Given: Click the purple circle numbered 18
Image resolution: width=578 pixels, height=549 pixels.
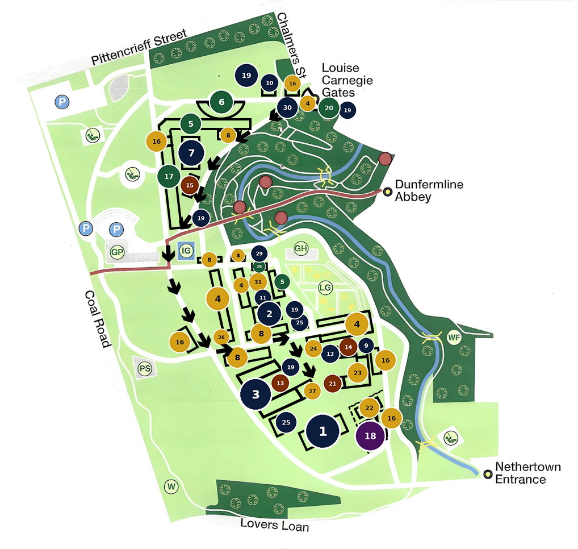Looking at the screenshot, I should (370, 436).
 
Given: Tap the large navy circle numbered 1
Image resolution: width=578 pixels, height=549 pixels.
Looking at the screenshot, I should (323, 431).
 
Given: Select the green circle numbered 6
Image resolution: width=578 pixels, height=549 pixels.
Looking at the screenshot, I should (221, 103).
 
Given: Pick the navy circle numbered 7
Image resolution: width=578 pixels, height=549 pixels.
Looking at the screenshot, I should (191, 153).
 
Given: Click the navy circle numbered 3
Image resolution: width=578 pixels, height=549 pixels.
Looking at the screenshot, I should (256, 394).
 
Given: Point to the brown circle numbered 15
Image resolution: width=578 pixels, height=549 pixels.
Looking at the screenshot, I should (190, 185).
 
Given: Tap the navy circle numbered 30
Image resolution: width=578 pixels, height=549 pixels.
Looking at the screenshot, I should (287, 107).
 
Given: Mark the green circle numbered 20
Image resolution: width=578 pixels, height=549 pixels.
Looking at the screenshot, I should (329, 107).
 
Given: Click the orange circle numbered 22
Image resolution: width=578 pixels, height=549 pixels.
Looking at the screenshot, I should (369, 407).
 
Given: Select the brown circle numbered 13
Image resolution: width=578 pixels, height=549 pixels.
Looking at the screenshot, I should (280, 383).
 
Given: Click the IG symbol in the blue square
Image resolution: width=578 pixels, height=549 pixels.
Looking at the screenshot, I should (186, 251).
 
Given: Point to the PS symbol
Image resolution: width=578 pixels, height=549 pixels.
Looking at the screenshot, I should (145, 368).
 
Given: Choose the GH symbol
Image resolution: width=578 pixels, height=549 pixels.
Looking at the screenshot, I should (301, 248).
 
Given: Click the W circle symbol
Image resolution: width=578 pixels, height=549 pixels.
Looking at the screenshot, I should (171, 486).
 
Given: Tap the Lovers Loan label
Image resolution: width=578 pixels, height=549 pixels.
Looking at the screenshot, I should (275, 525).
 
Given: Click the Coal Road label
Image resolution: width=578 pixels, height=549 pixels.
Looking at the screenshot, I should (97, 318).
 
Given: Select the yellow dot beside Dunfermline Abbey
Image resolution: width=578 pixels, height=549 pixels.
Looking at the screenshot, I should (387, 192).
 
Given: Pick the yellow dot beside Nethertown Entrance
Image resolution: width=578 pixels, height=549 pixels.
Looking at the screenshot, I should (488, 474).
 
